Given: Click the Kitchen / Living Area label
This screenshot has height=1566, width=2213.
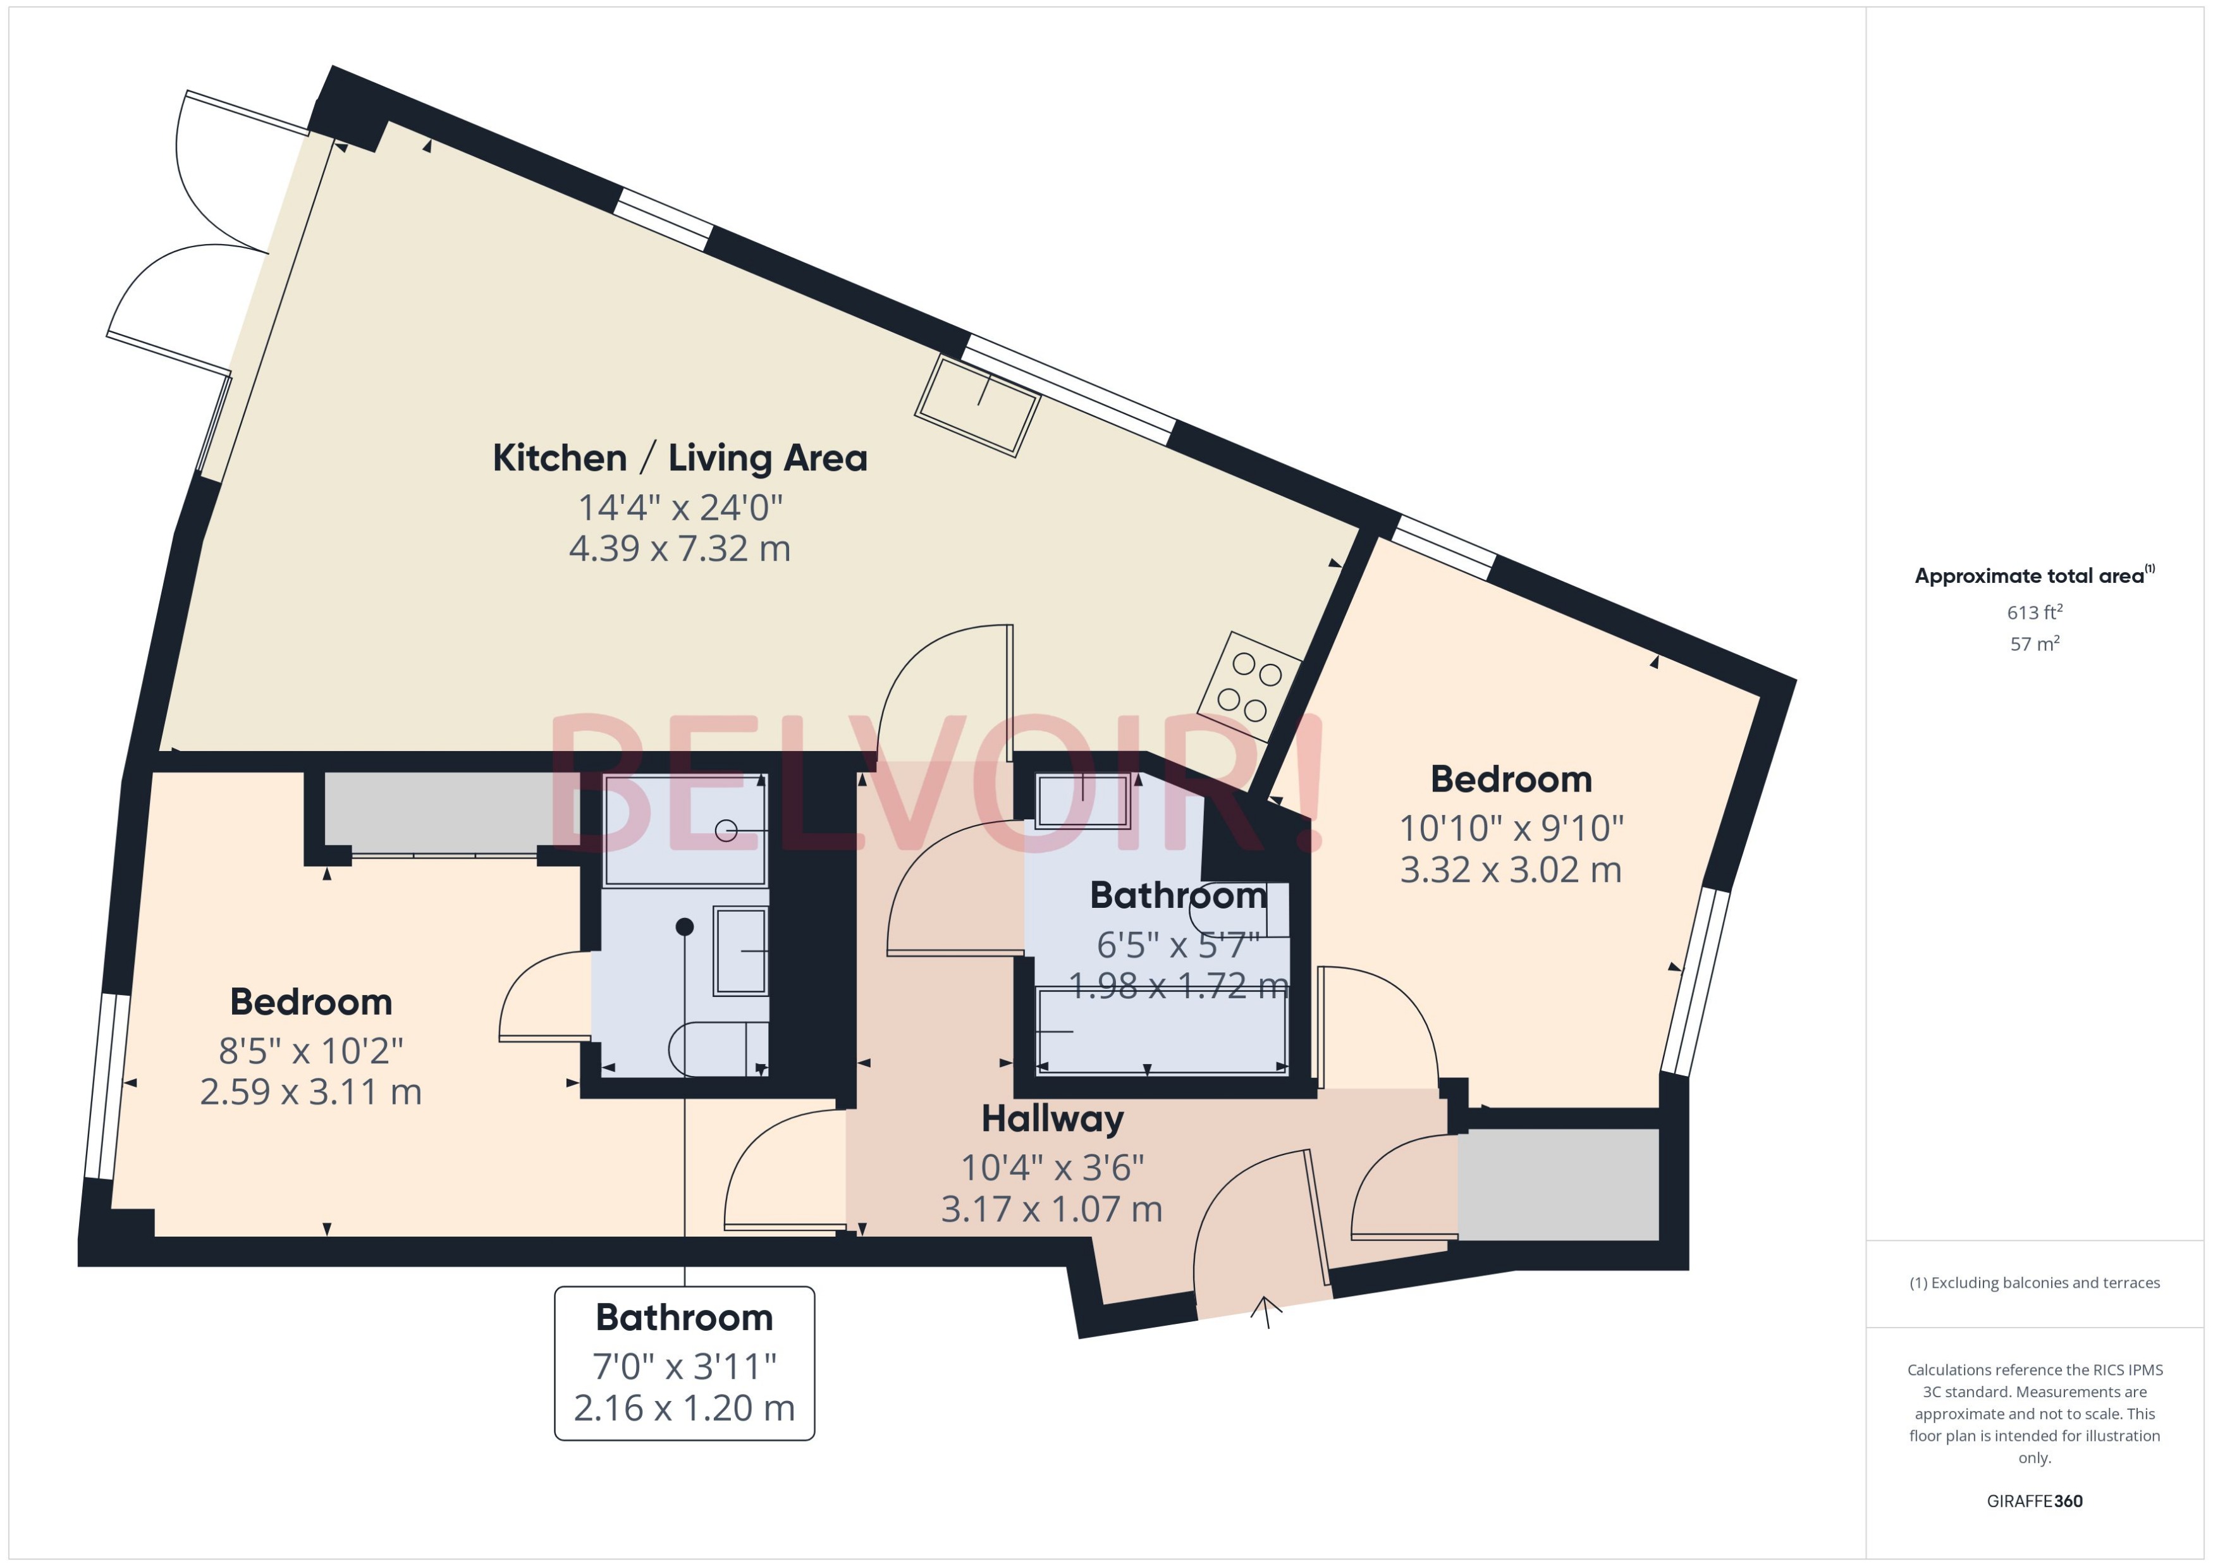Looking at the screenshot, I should point(680,458).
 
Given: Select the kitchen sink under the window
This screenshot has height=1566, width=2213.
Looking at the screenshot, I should point(977,406).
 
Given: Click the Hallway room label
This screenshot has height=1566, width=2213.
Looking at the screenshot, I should point(1052,1118).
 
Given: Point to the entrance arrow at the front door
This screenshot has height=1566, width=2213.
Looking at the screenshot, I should point(1266,1311).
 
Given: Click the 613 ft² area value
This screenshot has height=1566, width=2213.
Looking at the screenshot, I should point(2035,613).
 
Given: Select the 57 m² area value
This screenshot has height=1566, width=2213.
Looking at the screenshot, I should point(2035,643).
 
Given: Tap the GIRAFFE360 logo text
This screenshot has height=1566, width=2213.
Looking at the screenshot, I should point(2035,1500).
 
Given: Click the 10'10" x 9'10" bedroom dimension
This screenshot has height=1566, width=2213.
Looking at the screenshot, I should point(1511,828).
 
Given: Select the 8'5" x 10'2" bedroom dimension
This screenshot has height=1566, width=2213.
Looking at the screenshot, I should point(310,1050).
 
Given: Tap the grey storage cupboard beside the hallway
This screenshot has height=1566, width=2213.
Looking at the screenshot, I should point(1557,1184).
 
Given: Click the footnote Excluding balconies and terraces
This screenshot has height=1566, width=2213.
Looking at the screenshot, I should point(2035,1283).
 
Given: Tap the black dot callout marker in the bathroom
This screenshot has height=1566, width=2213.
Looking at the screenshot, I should point(685,927).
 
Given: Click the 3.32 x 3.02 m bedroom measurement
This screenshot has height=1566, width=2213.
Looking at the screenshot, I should point(1511,870).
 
